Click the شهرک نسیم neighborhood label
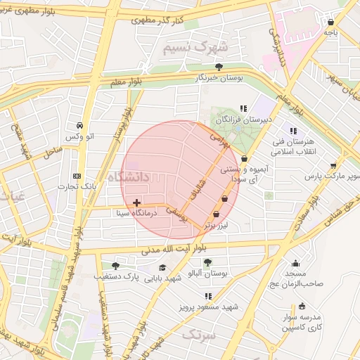tap(195, 48)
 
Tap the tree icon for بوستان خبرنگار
tap(219, 67)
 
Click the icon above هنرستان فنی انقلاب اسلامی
tap(293, 131)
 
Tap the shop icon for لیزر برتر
tap(217, 214)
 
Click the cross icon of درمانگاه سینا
tap(136, 203)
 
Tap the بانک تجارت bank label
tap(78, 188)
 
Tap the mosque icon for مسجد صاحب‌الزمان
tap(295, 263)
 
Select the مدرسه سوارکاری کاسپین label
tap(303, 322)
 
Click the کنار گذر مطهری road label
tap(157, 20)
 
